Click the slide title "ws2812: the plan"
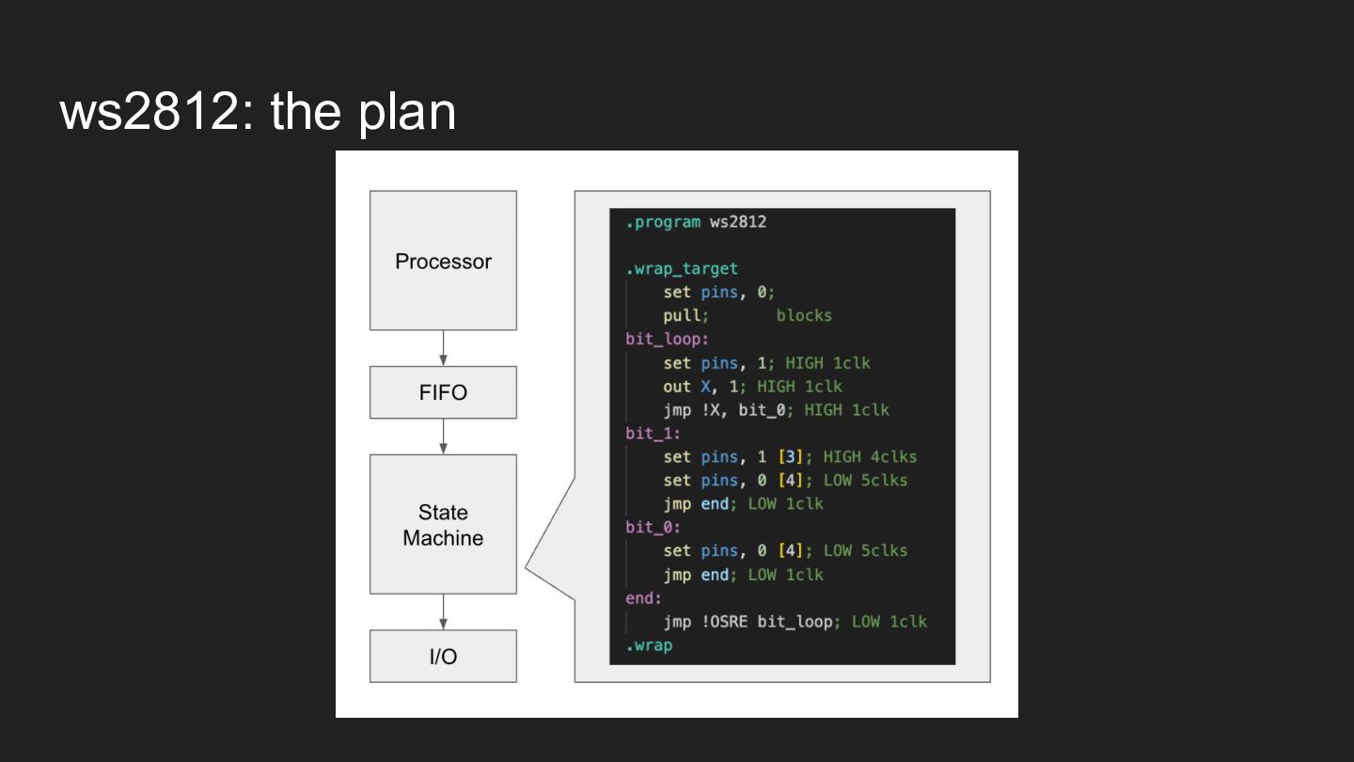coord(258,112)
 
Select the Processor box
coord(443,261)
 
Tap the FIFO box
coord(443,392)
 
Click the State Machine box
coord(443,524)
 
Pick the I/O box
coord(443,656)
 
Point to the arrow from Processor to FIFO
coord(443,348)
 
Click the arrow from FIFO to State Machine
coord(443,437)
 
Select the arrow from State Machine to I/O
coord(443,611)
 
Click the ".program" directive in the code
coord(663,222)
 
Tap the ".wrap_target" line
coord(682,269)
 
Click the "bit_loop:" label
coord(667,339)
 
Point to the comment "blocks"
coord(804,315)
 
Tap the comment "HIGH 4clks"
coord(870,456)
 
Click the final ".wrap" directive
coord(649,645)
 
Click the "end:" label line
coord(644,597)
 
